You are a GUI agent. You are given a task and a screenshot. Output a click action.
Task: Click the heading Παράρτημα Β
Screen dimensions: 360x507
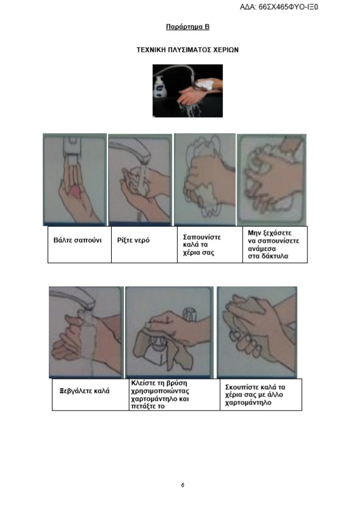coord(187,27)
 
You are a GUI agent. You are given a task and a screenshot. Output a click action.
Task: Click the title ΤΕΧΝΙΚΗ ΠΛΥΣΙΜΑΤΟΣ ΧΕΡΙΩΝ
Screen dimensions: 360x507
coord(187,50)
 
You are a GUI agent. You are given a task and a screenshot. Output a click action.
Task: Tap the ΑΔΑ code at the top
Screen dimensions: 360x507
coord(279,7)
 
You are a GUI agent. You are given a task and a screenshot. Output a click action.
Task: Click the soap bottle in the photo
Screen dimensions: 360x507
coord(160,87)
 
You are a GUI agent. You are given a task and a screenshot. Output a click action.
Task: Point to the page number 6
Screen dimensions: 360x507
coord(183,485)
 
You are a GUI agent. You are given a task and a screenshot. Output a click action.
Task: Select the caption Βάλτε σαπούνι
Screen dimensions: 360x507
coord(77,240)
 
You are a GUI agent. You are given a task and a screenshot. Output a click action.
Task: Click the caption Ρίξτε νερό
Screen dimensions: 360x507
coord(133,240)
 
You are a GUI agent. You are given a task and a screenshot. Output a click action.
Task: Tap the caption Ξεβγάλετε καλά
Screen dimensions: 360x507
coord(84,391)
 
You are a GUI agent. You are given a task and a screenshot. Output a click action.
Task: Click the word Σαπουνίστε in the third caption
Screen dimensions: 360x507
coord(202,237)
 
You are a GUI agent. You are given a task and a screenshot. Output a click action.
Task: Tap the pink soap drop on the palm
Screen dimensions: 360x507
coord(77,191)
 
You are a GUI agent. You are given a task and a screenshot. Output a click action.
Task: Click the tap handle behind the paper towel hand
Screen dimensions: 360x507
coord(190,314)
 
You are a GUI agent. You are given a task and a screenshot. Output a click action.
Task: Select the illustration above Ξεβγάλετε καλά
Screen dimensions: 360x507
coord(86,332)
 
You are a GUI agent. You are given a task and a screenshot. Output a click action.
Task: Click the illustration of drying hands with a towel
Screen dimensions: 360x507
coord(257,332)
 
